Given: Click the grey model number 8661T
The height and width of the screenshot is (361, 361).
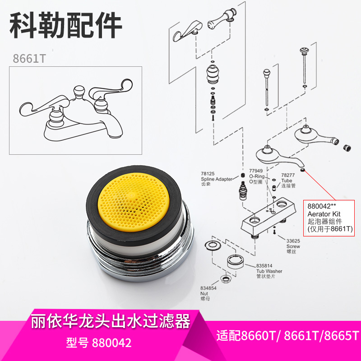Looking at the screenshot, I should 29,59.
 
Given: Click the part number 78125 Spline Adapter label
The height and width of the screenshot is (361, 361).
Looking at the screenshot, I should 217,176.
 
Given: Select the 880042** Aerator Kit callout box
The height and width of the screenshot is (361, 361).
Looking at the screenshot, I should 330,217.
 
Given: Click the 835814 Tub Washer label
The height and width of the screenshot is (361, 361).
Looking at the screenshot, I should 269,270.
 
